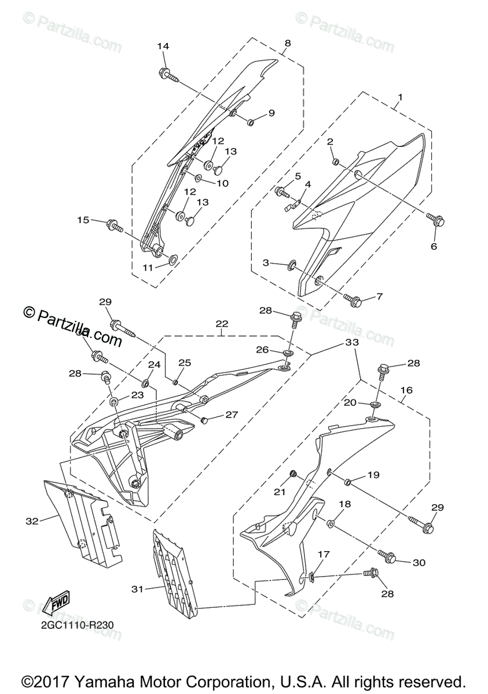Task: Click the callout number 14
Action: pyautogui.click(x=163, y=46)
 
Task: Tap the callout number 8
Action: pyautogui.click(x=288, y=43)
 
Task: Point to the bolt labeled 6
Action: pyautogui.click(x=436, y=220)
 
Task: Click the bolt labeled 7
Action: pyautogui.click(x=354, y=300)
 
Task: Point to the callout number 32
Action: pyautogui.click(x=32, y=520)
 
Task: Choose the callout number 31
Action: pyautogui.click(x=137, y=589)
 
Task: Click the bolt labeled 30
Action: pyautogui.click(x=388, y=558)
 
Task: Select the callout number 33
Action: pyautogui.click(x=352, y=342)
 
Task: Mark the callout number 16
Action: pyautogui.click(x=406, y=390)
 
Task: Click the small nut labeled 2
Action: pyautogui.click(x=335, y=161)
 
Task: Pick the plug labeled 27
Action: pyautogui.click(x=204, y=419)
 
